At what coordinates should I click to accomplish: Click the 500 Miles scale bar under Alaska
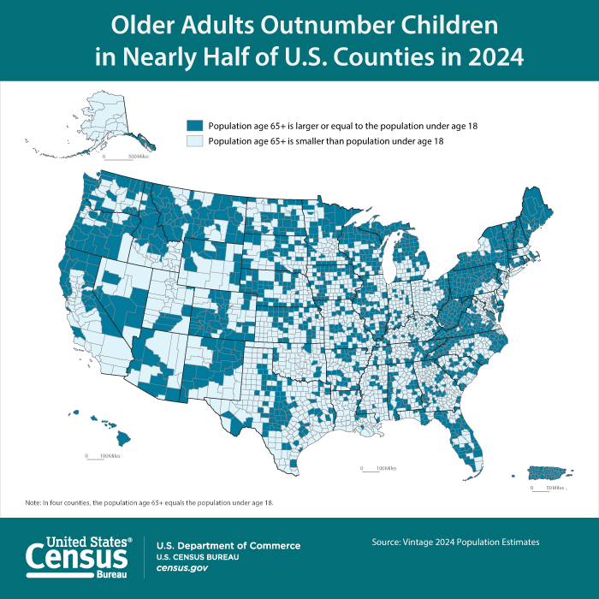(118, 157)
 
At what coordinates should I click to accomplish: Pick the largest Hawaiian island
(124, 438)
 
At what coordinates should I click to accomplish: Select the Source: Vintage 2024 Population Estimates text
(455, 542)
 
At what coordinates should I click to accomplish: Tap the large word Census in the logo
(77, 558)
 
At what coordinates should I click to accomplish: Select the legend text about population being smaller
(325, 140)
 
